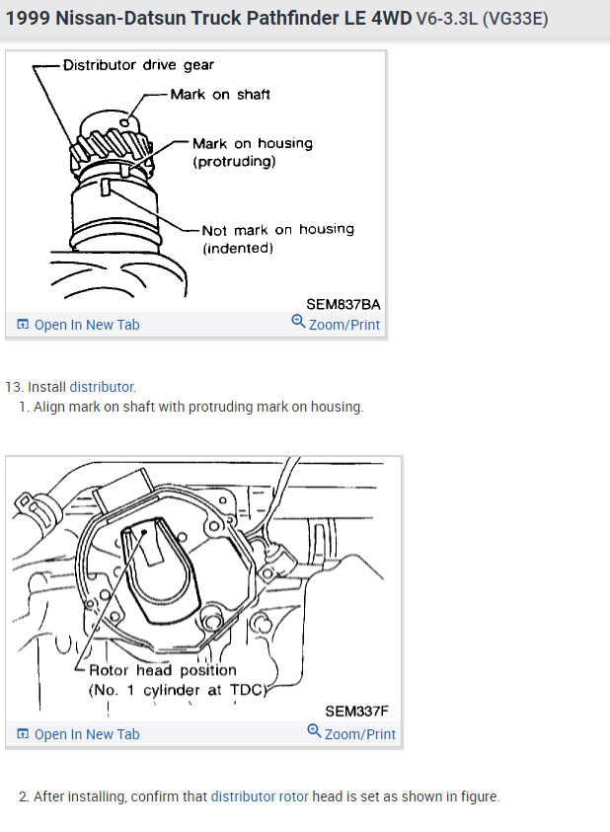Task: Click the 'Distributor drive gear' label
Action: click(x=138, y=65)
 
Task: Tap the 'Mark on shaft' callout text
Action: click(x=220, y=95)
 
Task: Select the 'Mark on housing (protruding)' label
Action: click(x=252, y=152)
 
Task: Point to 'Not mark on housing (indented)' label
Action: click(x=277, y=238)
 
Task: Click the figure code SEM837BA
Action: click(x=343, y=304)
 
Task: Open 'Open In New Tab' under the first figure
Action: click(x=79, y=325)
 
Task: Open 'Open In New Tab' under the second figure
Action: click(x=79, y=734)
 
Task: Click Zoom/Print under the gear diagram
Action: click(x=336, y=325)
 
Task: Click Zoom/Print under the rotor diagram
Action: click(x=351, y=734)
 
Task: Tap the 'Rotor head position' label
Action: click(x=163, y=670)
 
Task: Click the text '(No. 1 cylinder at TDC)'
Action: click(x=178, y=689)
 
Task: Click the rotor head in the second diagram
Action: click(x=148, y=553)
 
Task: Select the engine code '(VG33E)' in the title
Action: click(x=514, y=20)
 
